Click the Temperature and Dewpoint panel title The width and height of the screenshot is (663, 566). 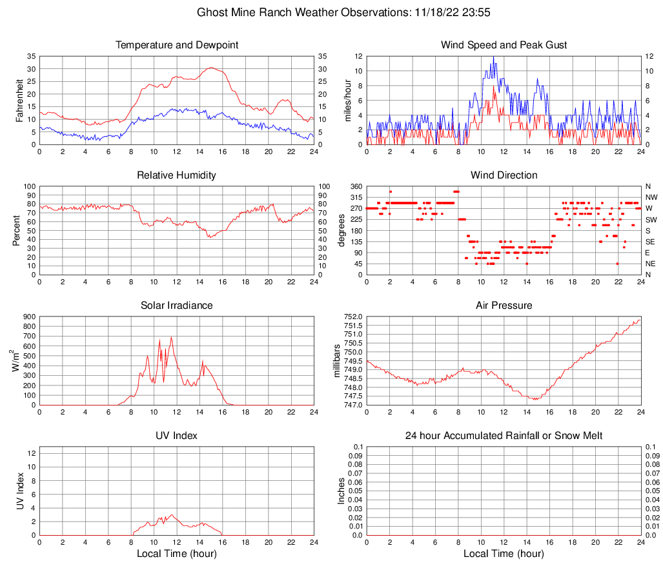tap(177, 45)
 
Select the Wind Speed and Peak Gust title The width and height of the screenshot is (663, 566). tap(504, 45)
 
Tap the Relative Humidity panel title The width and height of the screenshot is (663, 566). tap(177, 175)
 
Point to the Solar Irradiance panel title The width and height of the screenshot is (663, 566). tap(177, 306)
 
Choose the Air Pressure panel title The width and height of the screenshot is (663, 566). tap(504, 306)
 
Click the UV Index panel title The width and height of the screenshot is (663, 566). tap(177, 436)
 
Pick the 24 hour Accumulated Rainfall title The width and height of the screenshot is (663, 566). tap(504, 436)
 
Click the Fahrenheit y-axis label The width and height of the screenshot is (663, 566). tap(19, 100)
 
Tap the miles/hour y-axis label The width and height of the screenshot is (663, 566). tap(347, 100)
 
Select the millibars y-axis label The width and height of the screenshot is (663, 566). tap(336, 361)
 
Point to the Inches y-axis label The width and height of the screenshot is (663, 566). tap(342, 491)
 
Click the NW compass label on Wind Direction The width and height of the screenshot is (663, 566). tap(651, 197)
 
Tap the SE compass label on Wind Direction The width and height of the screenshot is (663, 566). tap(651, 242)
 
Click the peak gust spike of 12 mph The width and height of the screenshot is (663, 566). tap(493, 57)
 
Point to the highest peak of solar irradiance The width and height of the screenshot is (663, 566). tap(171, 337)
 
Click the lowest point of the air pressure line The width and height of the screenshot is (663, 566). tap(535, 400)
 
